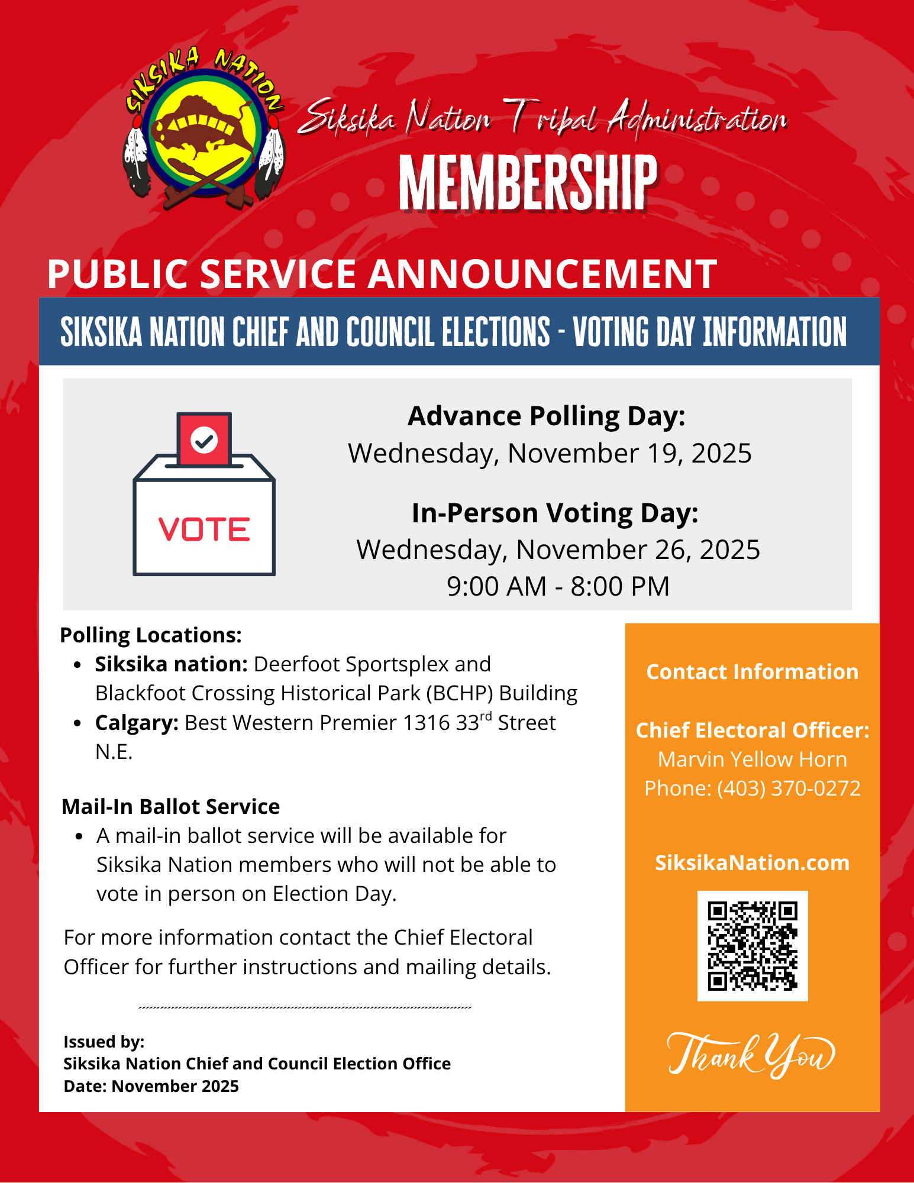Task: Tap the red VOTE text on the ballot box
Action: point(204,529)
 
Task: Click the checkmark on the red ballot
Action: point(204,440)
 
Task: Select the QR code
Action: point(752,945)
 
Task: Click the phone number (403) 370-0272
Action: point(789,788)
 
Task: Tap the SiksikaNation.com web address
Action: point(752,863)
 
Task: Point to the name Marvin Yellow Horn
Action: point(752,759)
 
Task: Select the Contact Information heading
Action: point(752,672)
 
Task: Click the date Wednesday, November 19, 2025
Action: point(550,454)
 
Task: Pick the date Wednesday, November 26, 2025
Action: point(558,550)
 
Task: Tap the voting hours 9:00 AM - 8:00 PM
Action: point(558,587)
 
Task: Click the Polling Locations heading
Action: point(151,635)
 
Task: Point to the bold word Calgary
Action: point(137,723)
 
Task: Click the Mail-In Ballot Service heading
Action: point(170,807)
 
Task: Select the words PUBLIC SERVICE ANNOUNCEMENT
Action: point(382,274)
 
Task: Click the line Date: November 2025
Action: point(151,1086)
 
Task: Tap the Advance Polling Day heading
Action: point(546,416)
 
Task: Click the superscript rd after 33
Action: point(486,717)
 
